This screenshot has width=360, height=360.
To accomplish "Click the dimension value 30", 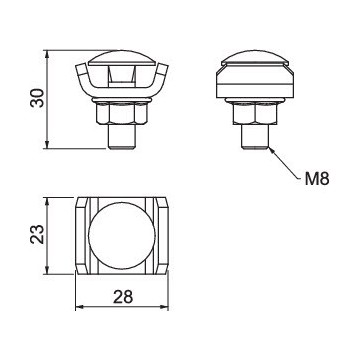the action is (37, 98).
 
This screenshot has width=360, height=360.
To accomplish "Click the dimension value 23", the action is (37, 234).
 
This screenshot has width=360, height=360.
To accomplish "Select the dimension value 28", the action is (123, 296).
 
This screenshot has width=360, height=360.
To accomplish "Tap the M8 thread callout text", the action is (317, 179).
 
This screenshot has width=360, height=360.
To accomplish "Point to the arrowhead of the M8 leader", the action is (271, 149).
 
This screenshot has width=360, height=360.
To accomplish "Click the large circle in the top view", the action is (122, 236).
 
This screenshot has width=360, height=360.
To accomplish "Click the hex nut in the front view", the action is (122, 113).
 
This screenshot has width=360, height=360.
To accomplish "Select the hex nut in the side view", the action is (255, 113).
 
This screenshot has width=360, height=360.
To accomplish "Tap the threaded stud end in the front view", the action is (122, 137).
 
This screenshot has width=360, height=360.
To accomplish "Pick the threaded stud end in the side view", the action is (255, 137).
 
